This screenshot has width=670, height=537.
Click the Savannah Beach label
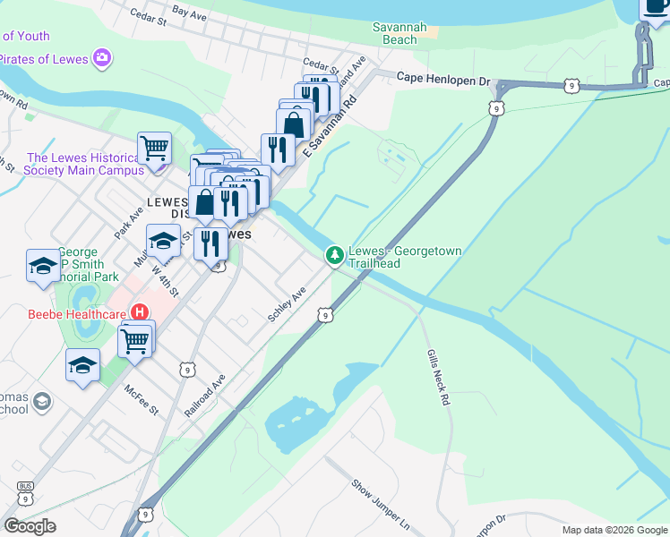tap(395, 33)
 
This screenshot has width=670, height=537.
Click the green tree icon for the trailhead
tap(335, 257)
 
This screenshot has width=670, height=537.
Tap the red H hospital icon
tap(140, 312)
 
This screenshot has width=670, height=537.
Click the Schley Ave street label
tap(287, 305)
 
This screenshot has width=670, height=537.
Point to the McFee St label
tap(142, 400)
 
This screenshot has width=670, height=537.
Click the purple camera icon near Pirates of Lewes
tap(103, 59)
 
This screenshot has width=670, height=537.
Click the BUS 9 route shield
tap(24, 491)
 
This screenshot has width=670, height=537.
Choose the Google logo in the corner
tap(30, 525)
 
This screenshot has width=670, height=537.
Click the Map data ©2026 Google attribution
tap(614, 530)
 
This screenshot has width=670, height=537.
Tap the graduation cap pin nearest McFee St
tap(82, 364)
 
